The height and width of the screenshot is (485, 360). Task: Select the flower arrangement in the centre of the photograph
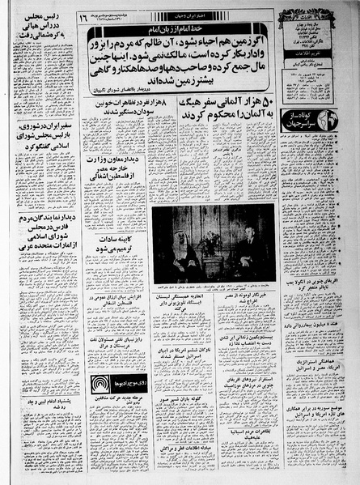[x=213, y=240]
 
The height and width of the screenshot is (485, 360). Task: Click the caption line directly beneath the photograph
[x=212, y=286]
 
